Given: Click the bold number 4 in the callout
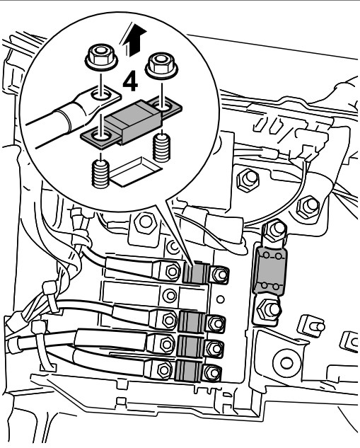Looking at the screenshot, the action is coord(130,82).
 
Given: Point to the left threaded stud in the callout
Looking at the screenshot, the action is coord(100,175).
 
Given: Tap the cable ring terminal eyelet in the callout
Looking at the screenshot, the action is coord(100,95).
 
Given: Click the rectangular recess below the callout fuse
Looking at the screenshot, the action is coord(136,172).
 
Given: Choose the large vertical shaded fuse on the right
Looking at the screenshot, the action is coord(269,270).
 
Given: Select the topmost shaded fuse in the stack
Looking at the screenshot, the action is coord(196,273).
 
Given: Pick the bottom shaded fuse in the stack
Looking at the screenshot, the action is coord(187,370).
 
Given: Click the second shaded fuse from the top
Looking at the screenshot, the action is coord(192,322).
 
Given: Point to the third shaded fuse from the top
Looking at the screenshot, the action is coord(190,346).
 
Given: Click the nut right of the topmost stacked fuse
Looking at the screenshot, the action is coord(220,275).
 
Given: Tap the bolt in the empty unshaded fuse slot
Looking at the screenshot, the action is coord(170,295).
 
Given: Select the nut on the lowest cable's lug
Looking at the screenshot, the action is coord(164,370).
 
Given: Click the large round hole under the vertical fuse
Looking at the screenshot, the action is coord(286,363).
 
